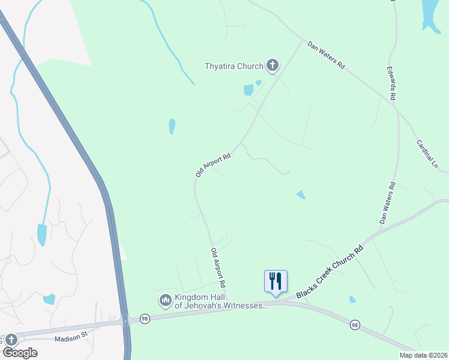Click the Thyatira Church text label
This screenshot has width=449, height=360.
pos(234,66)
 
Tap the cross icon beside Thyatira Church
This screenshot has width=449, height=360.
pos(273,65)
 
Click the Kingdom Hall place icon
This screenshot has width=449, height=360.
pos(165,299)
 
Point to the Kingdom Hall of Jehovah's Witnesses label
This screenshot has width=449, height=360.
pos(220,302)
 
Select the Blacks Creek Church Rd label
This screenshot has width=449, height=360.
pos(330,272)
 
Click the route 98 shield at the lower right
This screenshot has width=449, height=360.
pos(355,325)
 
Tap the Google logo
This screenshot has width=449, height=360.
pos(19,352)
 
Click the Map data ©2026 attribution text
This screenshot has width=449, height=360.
pos(423,355)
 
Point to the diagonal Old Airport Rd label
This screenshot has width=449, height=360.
pos(213,164)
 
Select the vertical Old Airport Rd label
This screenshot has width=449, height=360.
pos(217,266)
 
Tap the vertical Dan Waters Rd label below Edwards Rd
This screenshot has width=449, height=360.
pos(387,203)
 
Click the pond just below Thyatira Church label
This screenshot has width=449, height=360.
pos(249,91)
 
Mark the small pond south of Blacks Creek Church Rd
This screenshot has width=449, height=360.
pos(352,299)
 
